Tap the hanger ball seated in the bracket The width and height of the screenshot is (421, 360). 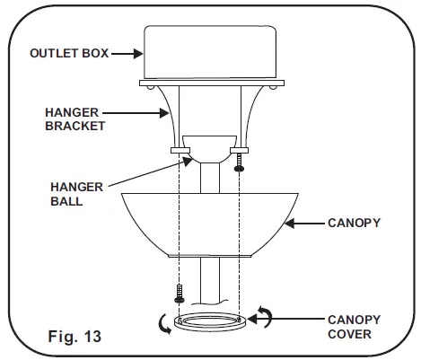coord(208,149)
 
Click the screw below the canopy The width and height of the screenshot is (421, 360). coord(179,294)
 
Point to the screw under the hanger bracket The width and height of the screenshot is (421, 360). coord(239,167)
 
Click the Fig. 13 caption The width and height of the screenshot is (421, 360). coord(75,338)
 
